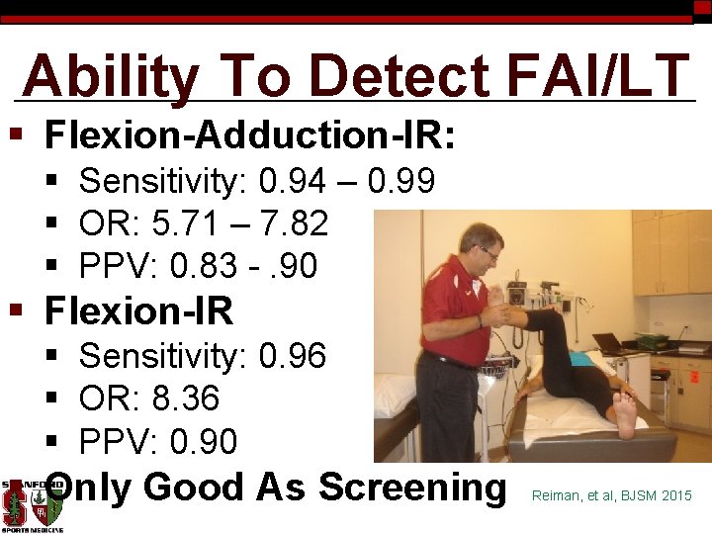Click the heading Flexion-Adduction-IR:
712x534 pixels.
click(x=250, y=134)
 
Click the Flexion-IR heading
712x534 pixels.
click(x=139, y=311)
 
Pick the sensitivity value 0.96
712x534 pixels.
click(x=292, y=355)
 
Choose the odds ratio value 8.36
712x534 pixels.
click(x=185, y=399)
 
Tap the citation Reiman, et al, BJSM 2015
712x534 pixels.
click(x=611, y=494)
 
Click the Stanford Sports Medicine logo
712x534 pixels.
click(x=32, y=504)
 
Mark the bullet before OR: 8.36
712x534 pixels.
click(x=53, y=399)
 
